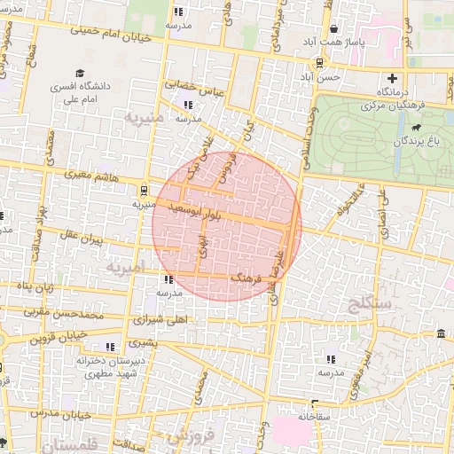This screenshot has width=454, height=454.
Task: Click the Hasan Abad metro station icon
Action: point(318,62)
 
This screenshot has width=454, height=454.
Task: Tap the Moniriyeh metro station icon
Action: point(144,189)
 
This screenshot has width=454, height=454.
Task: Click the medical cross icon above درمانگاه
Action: point(392,78)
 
